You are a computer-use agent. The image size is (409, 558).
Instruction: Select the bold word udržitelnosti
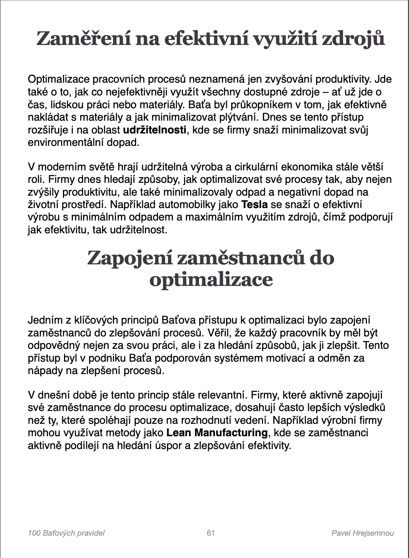pos(154,130)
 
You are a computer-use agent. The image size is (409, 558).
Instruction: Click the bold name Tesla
pos(254,204)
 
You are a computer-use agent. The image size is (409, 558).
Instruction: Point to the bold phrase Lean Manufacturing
pos(217,433)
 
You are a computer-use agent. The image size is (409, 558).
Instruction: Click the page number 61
pos(211,533)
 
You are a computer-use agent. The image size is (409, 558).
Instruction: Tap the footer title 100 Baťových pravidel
pos(66,533)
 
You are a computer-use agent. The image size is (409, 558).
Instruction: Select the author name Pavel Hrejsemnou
pos(362,533)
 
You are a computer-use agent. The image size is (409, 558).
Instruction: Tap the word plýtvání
pos(234,117)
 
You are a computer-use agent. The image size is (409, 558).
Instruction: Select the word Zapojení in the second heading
pos(129,258)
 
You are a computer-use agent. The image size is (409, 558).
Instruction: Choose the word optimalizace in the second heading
pos(211,280)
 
